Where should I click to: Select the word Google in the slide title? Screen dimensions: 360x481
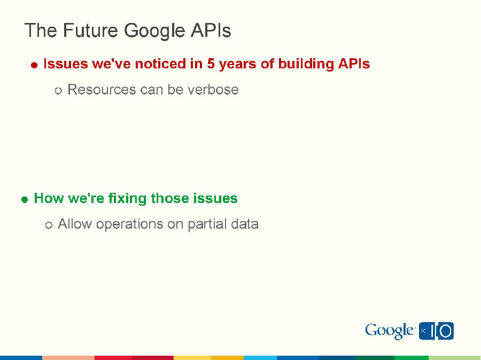coord(154,31)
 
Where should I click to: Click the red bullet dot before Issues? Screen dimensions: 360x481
coord(34,65)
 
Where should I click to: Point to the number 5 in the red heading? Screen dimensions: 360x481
coord(211,64)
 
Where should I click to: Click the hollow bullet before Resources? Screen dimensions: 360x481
coord(59,91)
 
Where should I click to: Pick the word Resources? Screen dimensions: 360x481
coord(102,90)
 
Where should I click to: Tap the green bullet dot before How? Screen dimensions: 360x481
coord(25,200)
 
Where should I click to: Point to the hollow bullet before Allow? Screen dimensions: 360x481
coord(49,225)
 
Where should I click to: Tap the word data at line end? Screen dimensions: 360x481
coord(245,224)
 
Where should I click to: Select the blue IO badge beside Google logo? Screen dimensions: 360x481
coord(437,331)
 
